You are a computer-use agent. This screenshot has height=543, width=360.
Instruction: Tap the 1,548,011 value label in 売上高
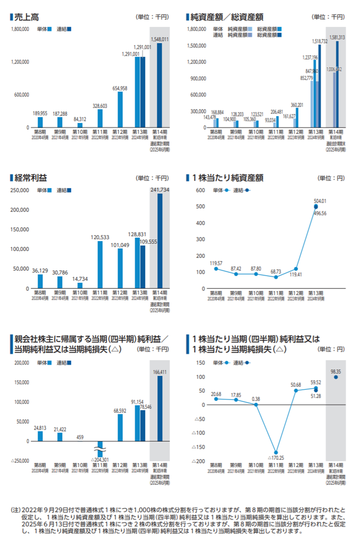[x=160, y=39]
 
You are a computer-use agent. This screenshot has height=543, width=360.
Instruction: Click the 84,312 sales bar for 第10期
[x=80, y=125]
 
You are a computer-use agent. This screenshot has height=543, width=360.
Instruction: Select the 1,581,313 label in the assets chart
[x=337, y=37]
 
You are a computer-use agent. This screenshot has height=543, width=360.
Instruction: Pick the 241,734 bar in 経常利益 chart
[x=160, y=241]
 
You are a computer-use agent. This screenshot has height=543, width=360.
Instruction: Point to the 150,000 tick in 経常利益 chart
[x=20, y=229]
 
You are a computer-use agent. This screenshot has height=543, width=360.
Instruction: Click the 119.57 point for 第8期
[x=216, y=269]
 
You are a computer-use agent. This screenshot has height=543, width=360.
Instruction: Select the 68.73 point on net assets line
[x=276, y=277]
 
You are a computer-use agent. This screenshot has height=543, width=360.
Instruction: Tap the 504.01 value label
[x=320, y=201]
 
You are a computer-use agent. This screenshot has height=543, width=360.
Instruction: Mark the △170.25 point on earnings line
[x=276, y=452]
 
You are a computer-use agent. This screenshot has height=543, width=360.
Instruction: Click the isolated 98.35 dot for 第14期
[x=336, y=377]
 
